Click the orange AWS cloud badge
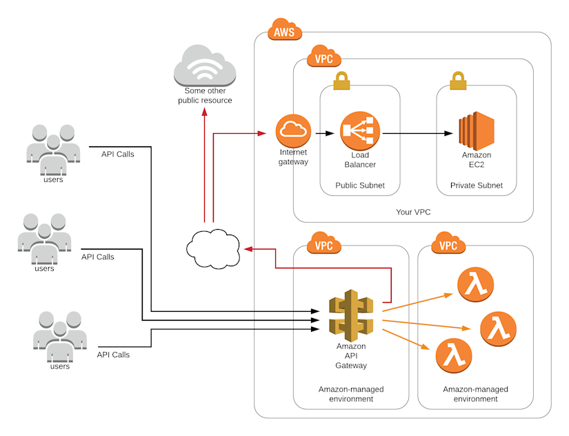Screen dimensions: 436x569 [284, 32]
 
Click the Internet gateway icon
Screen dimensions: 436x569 [290, 130]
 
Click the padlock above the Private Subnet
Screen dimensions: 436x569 [458, 81]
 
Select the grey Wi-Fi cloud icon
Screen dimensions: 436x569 [205, 67]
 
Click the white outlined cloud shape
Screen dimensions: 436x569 [213, 248]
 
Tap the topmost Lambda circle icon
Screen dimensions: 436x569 [475, 284]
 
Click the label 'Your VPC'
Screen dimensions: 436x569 [413, 212]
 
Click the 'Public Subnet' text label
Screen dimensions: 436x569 [360, 186]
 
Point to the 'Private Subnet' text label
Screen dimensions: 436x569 [477, 186]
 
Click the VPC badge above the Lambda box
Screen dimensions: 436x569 [448, 244]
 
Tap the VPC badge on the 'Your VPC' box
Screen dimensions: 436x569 [324, 58]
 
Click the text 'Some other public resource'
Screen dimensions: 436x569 [205, 96]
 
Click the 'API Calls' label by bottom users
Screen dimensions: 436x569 [113, 355]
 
